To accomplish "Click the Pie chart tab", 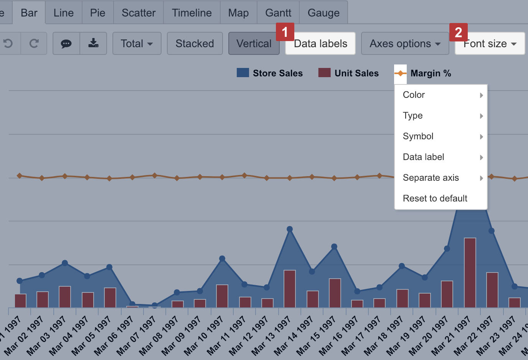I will [x=97, y=13].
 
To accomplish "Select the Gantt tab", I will [x=278, y=13].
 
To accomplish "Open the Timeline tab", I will [x=191, y=13].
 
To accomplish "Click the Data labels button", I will [x=320, y=44].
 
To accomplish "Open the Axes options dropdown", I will [x=405, y=44].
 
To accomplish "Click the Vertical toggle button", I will [x=254, y=44].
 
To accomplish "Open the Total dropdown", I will [x=137, y=44].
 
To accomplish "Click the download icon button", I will [x=93, y=43].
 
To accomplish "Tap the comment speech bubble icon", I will [x=66, y=43].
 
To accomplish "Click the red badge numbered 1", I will [x=285, y=32].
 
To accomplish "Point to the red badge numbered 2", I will [x=458, y=32].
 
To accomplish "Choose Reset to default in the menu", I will [x=435, y=198].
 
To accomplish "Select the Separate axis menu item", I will [x=431, y=178].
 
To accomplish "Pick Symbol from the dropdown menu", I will [x=418, y=136].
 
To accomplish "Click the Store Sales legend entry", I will [x=277, y=73].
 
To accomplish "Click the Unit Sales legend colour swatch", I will [x=324, y=73].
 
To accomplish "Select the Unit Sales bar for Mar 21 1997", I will [x=470, y=272].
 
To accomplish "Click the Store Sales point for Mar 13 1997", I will [x=290, y=229].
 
